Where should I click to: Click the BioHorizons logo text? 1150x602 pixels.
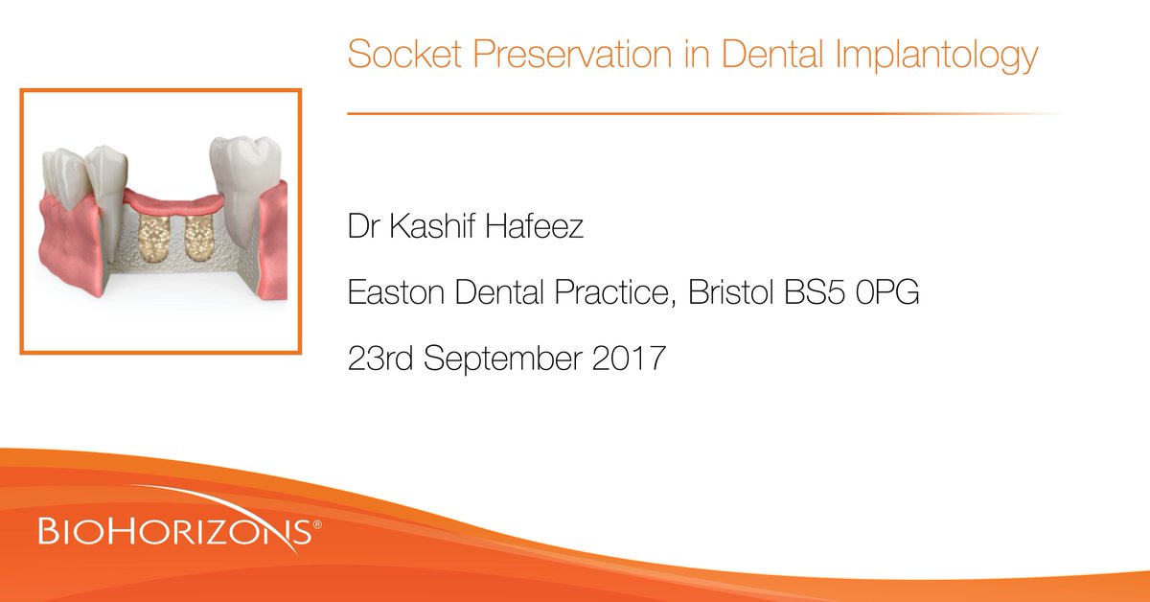pos(172,530)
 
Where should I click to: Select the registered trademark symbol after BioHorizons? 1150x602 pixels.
pos(317,523)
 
